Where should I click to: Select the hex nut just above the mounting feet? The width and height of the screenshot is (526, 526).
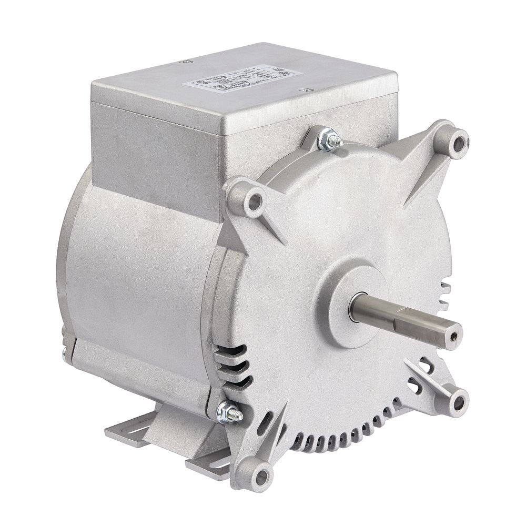coord(230,411)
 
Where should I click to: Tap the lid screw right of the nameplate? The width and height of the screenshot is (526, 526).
coord(303,90)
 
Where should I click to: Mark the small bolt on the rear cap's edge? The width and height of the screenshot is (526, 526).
coord(64,355)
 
